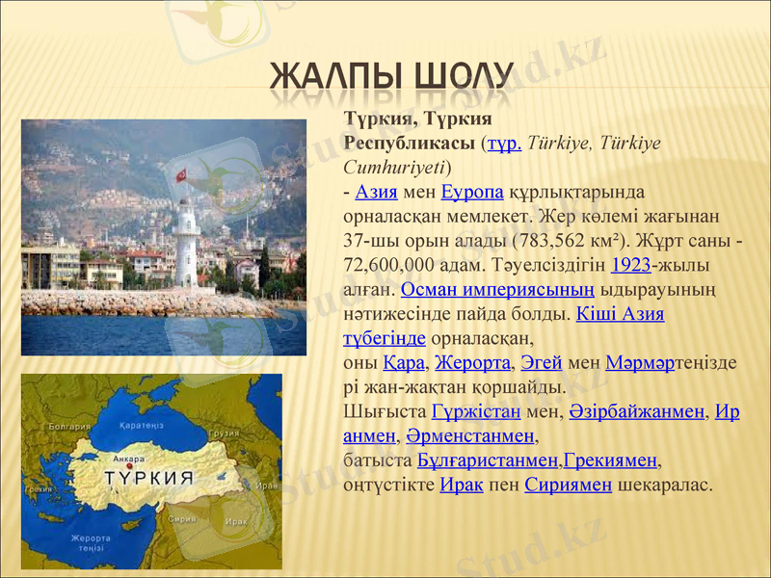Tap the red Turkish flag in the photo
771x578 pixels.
click(x=180, y=176)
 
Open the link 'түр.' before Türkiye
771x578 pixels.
click(x=504, y=144)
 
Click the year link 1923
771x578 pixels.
click(x=631, y=264)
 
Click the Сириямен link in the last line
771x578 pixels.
click(x=568, y=485)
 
